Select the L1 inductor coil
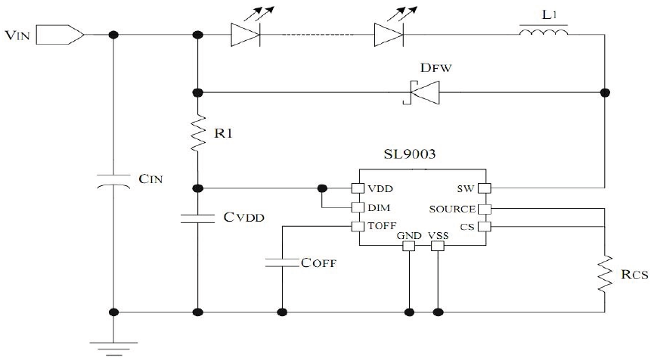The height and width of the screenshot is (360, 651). click(542, 34)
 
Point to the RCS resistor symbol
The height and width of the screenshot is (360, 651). click(605, 275)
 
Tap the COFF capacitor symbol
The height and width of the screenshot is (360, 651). click(283, 262)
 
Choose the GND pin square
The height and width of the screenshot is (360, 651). click(409, 246)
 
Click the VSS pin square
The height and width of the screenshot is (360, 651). click(437, 246)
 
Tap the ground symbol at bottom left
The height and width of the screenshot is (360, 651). click(113, 346)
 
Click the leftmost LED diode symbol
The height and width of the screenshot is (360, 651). click(243, 35)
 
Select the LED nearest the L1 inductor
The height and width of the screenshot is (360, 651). click(387, 35)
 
